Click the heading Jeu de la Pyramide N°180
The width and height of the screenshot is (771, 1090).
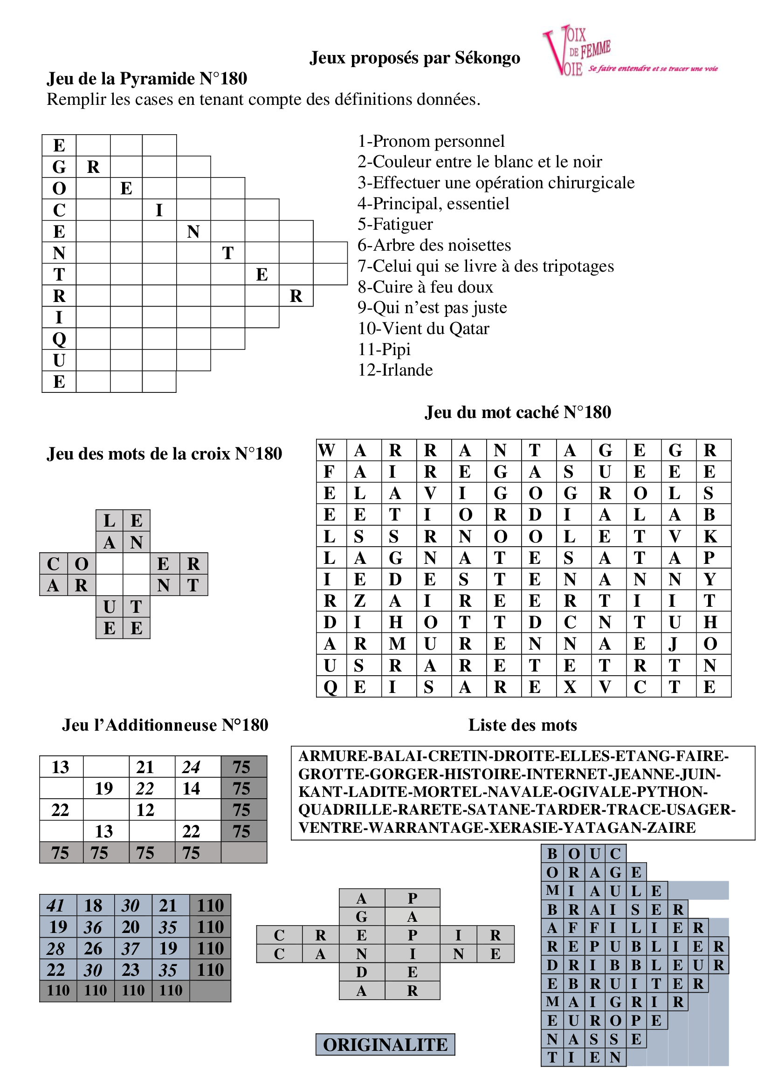coord(147,79)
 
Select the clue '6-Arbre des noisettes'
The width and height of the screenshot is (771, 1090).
coord(434,245)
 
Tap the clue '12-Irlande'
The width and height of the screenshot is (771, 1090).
coord(395,370)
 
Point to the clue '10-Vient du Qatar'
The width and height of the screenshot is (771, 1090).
coord(423,329)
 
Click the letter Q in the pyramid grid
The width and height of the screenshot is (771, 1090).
coord(59,339)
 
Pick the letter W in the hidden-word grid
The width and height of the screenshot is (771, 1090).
coord(327,450)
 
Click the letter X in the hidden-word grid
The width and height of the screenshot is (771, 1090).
coord(570,687)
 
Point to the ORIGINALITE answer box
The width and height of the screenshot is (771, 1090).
coord(385,1044)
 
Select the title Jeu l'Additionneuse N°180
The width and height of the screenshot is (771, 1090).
coord(165,725)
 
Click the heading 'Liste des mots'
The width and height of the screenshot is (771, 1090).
coord(522,725)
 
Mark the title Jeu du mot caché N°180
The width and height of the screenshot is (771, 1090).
coord(517,412)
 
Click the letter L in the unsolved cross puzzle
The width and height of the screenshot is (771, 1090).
coord(109,521)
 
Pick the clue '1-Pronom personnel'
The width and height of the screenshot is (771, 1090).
coord(431,141)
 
